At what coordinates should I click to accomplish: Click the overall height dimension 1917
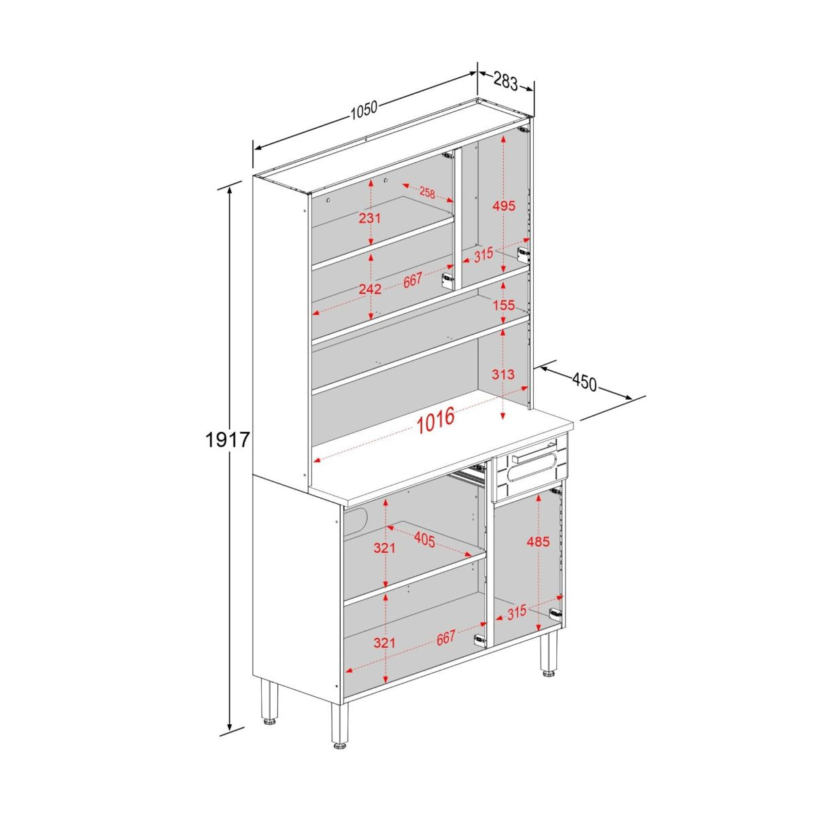click(226, 441)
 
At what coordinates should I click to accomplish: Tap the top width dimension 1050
click(364, 110)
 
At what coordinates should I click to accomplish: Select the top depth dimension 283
click(506, 81)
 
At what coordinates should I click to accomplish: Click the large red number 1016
click(436, 420)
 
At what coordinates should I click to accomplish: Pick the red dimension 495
click(504, 206)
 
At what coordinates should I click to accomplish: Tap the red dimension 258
click(427, 193)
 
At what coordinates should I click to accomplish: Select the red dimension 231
click(370, 218)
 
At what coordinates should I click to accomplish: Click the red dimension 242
click(370, 289)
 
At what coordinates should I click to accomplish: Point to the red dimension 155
click(503, 305)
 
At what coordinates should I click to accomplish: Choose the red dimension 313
click(503, 374)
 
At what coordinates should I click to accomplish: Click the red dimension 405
click(424, 540)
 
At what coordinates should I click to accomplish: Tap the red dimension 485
click(538, 541)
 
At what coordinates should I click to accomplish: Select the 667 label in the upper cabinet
click(413, 280)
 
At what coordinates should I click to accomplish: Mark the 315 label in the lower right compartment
click(515, 611)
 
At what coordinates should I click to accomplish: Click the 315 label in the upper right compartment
click(483, 255)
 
